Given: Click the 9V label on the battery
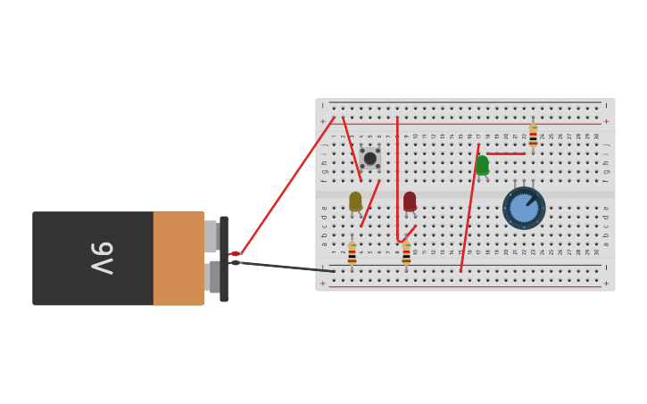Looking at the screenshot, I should click(x=102, y=258).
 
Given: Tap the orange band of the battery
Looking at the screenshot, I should click(x=178, y=258).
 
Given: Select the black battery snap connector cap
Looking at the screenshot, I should click(x=224, y=259).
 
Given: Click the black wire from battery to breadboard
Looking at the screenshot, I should click(x=286, y=267).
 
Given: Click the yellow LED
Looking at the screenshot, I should click(x=355, y=201).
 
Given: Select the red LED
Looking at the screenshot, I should click(x=410, y=201).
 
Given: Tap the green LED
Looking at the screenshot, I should click(x=482, y=165).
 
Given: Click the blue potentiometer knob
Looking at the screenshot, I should click(x=524, y=208).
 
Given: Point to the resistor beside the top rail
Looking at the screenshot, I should click(x=533, y=136).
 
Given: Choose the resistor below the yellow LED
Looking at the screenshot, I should click(x=352, y=253).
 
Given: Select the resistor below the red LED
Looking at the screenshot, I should click(x=406, y=253).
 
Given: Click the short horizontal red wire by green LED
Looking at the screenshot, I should click(x=505, y=153).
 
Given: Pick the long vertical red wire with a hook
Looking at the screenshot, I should click(x=397, y=178).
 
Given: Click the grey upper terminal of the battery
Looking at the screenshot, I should click(x=211, y=235).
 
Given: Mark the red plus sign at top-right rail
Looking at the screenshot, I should click(x=606, y=121).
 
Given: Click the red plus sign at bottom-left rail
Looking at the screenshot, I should click(x=323, y=284).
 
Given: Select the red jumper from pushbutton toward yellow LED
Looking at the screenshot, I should click(x=370, y=202).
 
